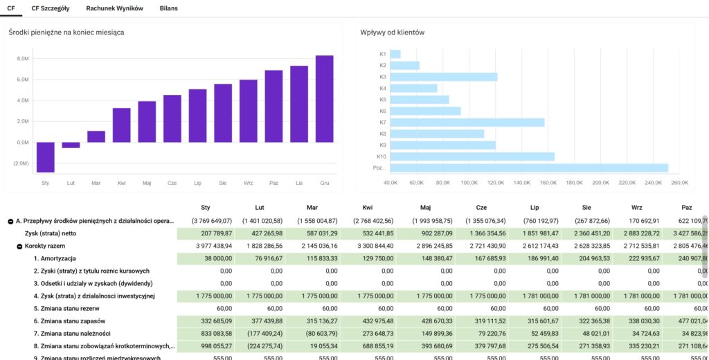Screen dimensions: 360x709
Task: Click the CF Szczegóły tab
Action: tap(50, 8)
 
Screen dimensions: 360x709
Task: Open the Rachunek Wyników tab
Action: tap(114, 8)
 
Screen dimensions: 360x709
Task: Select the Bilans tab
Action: tap(168, 8)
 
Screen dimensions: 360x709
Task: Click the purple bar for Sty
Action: tap(46, 157)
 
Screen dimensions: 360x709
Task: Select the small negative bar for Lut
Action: tap(71, 145)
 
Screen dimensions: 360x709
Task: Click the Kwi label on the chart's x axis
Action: tap(121, 183)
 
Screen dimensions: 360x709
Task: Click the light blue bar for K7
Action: tap(467, 123)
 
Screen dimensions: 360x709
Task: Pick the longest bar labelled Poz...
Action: tap(529, 168)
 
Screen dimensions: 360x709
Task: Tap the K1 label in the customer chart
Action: tap(383, 54)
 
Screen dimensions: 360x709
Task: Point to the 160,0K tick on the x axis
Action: tap(548, 183)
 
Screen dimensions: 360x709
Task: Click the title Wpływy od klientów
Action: tap(392, 33)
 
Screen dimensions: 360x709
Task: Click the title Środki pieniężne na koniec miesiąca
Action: tap(66, 33)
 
